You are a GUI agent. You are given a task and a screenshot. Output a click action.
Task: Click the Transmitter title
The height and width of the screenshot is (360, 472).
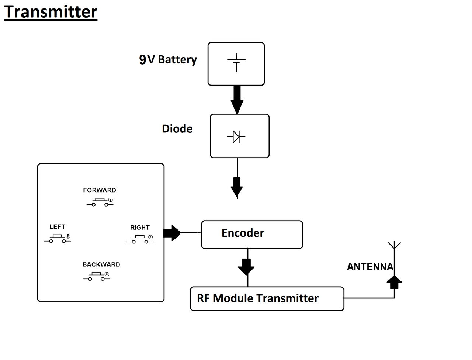pyautogui.click(x=51, y=12)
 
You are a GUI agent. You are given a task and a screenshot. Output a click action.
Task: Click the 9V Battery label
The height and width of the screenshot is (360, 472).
pyautogui.click(x=168, y=59)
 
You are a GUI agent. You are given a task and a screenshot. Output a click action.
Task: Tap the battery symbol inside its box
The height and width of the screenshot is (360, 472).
pyautogui.click(x=236, y=63)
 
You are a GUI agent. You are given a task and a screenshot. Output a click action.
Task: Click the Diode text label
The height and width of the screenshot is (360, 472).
pyautogui.click(x=177, y=129)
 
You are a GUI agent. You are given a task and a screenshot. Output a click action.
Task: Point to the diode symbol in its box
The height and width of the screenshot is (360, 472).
pyautogui.click(x=236, y=137)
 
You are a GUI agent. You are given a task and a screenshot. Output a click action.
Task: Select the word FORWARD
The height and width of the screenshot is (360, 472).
pyautogui.click(x=100, y=190)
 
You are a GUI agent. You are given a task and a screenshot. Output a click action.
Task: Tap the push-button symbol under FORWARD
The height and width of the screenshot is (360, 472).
pyautogui.click(x=100, y=202)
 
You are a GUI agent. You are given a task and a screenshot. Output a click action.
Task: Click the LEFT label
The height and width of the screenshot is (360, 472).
pyautogui.click(x=57, y=227)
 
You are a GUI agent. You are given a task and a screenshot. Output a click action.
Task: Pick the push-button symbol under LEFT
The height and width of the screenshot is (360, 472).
pyautogui.click(x=58, y=239)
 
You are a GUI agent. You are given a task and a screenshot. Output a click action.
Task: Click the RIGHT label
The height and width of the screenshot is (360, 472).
pyautogui.click(x=140, y=228)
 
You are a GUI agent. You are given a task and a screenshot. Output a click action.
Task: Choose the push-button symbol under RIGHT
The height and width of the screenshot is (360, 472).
pyautogui.click(x=140, y=240)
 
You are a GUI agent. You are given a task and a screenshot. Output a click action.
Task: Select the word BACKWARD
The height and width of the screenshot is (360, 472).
pyautogui.click(x=101, y=264)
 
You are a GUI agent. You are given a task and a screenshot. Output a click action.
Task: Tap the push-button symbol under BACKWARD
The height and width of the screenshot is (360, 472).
pyautogui.click(x=97, y=276)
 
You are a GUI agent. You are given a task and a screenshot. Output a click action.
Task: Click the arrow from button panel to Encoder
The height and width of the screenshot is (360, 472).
pyautogui.click(x=171, y=233)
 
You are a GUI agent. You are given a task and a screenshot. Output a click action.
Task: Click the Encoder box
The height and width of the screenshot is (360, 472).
pyautogui.click(x=252, y=235)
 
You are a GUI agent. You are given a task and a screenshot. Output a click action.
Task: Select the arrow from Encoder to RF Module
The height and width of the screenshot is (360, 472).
pyautogui.click(x=246, y=267)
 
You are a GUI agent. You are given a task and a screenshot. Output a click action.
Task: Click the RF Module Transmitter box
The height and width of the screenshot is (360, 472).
pyautogui.click(x=267, y=298)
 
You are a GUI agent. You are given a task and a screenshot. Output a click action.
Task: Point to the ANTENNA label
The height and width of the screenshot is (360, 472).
pyautogui.click(x=370, y=267)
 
